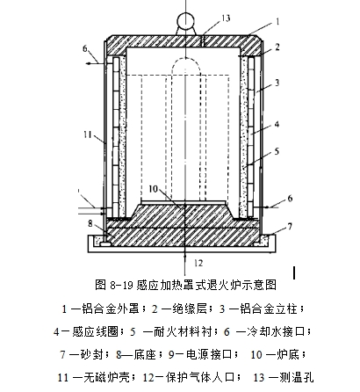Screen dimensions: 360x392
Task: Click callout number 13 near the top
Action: (x=226, y=18)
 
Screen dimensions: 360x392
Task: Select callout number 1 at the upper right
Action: (x=277, y=21)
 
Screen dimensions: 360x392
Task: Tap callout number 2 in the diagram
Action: (x=277, y=47)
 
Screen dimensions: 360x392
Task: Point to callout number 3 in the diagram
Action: (x=277, y=83)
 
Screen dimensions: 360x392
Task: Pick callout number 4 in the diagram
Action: (x=277, y=124)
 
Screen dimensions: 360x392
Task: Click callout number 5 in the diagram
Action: (x=277, y=151)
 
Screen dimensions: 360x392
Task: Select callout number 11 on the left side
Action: (x=88, y=134)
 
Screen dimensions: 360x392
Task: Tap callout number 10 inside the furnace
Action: (x=154, y=189)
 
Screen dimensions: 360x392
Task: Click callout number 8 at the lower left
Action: (x=90, y=223)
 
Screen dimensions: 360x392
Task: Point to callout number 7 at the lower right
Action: (x=290, y=227)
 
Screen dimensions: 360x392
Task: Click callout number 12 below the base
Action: (x=198, y=263)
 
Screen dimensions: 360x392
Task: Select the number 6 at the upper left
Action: (x=85, y=48)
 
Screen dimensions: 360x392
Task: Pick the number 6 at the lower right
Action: (x=290, y=199)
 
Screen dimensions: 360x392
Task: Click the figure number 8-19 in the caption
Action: (x=122, y=285)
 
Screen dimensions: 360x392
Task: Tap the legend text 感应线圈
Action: (x=95, y=331)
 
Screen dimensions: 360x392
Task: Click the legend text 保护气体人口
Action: (x=201, y=377)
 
